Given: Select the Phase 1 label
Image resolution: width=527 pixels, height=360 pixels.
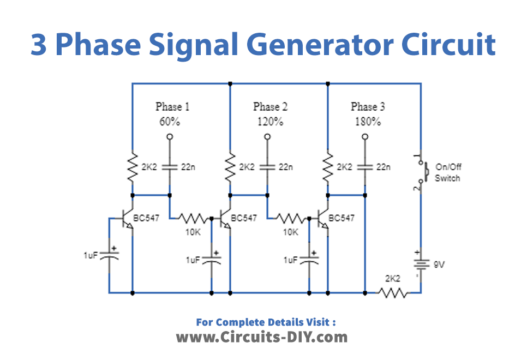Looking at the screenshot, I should pos(171,106).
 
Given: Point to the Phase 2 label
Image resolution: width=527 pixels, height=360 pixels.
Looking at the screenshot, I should pos(269,106).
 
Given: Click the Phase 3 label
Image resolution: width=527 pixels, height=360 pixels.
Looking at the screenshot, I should pos(369,106).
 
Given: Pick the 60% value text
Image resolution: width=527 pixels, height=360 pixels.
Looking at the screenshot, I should pos(171,121).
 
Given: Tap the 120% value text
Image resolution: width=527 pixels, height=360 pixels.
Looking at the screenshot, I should pos(269,121).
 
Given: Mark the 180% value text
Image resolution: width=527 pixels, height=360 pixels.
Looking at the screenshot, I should pos(369,121).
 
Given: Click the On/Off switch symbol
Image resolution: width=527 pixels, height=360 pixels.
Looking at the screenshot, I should pos(418,172).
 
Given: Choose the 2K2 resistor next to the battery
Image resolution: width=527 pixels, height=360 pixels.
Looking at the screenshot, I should pos(392,293).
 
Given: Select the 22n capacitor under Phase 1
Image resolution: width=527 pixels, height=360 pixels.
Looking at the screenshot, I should pos(170,167).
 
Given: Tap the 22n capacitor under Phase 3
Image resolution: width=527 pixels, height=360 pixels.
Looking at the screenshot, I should pos(367,167).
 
